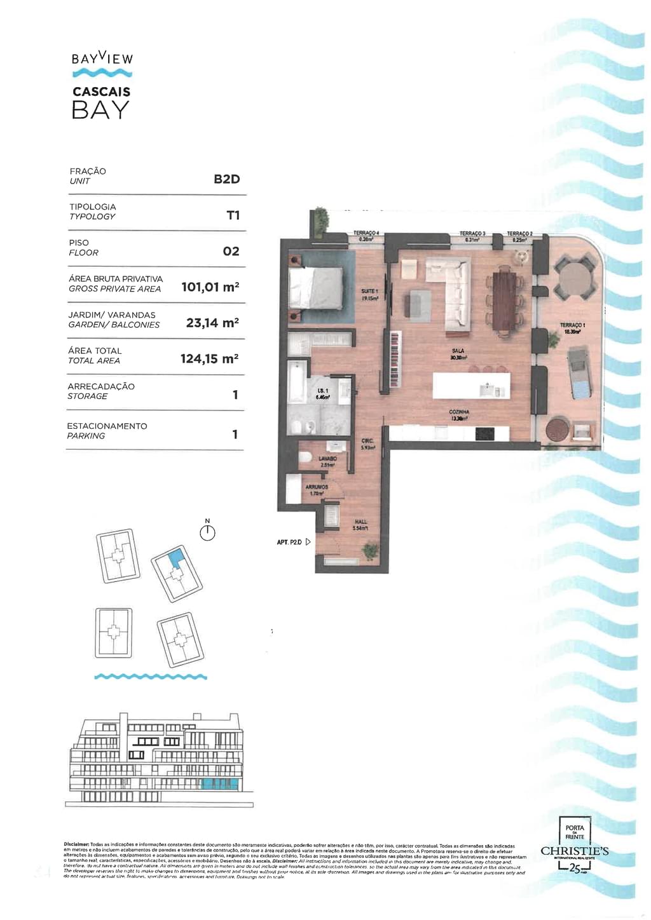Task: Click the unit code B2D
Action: [x=226, y=179]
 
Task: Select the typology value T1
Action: [x=233, y=215]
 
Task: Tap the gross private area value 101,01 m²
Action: [x=210, y=287]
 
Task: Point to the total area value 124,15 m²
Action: [x=209, y=359]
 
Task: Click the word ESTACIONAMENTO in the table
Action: [x=107, y=426]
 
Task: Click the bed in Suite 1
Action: [x=315, y=287]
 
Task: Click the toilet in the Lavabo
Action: [x=305, y=457]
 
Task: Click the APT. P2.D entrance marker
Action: [x=294, y=542]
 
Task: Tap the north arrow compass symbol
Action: [x=207, y=532]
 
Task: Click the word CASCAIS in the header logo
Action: [x=102, y=91]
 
